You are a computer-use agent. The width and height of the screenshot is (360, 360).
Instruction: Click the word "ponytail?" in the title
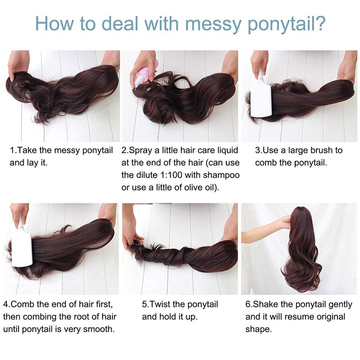pos(287,24)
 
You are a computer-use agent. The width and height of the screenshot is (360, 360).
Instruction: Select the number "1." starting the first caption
pos(13,150)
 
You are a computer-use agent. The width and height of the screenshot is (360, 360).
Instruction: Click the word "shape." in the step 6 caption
pos(258,330)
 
